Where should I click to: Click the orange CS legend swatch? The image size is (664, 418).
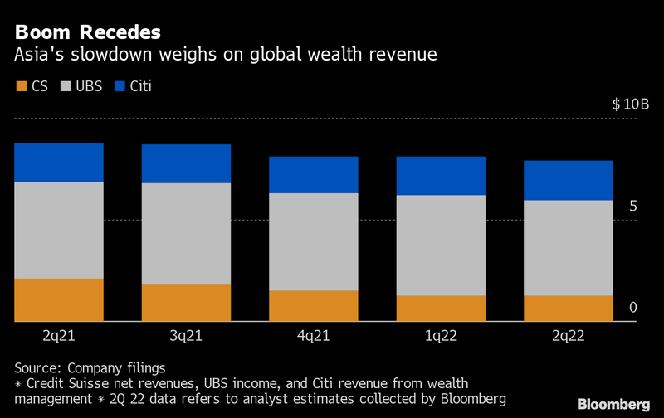(x=21, y=86)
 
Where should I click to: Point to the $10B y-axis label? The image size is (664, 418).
(x=630, y=105)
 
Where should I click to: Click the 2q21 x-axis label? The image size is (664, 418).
(x=59, y=336)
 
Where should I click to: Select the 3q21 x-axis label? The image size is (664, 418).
(x=186, y=336)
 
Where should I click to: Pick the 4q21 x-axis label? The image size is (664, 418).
(x=314, y=336)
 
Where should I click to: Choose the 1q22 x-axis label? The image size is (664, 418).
(x=441, y=336)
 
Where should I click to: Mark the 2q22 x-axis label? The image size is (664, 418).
(x=569, y=336)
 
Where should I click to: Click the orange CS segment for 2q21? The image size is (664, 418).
(x=59, y=299)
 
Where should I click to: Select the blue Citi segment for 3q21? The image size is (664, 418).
(x=186, y=163)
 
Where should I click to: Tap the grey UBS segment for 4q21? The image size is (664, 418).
(x=314, y=241)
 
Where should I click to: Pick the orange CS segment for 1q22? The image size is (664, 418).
(x=441, y=308)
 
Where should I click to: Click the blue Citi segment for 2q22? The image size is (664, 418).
(x=569, y=180)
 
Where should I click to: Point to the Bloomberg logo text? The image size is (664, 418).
(x=614, y=405)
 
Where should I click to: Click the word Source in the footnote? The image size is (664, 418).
(x=38, y=367)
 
